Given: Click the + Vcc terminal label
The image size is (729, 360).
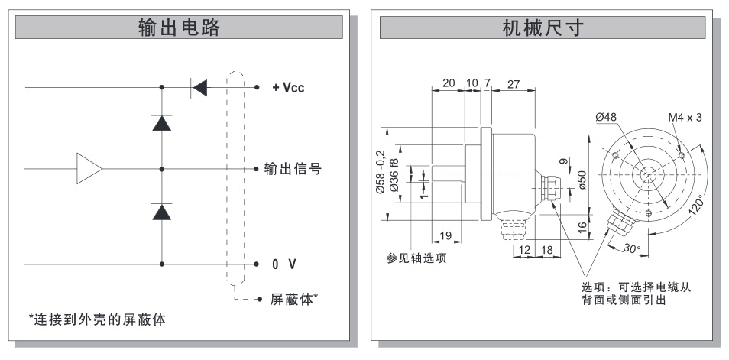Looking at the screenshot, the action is (x=288, y=87).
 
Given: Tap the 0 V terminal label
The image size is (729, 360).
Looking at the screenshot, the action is (x=284, y=264).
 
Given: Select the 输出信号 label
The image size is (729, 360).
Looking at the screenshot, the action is (x=293, y=168).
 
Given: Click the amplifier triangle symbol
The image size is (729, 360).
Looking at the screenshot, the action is (x=89, y=168).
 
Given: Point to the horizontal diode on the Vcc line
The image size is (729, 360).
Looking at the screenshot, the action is (x=199, y=87).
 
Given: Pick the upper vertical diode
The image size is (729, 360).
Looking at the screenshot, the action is (x=162, y=122).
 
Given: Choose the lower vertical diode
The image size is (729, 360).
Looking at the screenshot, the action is (x=162, y=211).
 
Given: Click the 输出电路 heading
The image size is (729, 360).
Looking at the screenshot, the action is (x=179, y=28).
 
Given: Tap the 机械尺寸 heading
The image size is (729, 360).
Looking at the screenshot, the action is (x=543, y=28).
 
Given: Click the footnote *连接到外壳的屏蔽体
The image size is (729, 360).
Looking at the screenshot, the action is (x=97, y=319).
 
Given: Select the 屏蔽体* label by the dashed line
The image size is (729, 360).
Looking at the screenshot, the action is (x=294, y=299).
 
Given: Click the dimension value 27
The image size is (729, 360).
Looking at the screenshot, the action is (x=514, y=84).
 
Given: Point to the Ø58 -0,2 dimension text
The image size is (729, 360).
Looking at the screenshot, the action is (x=380, y=173).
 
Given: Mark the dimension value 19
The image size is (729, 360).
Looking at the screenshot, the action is (x=446, y=236).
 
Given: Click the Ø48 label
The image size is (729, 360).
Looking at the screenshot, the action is (x=606, y=117).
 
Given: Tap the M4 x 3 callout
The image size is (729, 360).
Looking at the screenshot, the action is (x=685, y=117).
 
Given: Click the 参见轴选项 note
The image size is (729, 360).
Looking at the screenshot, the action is (x=416, y=258).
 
